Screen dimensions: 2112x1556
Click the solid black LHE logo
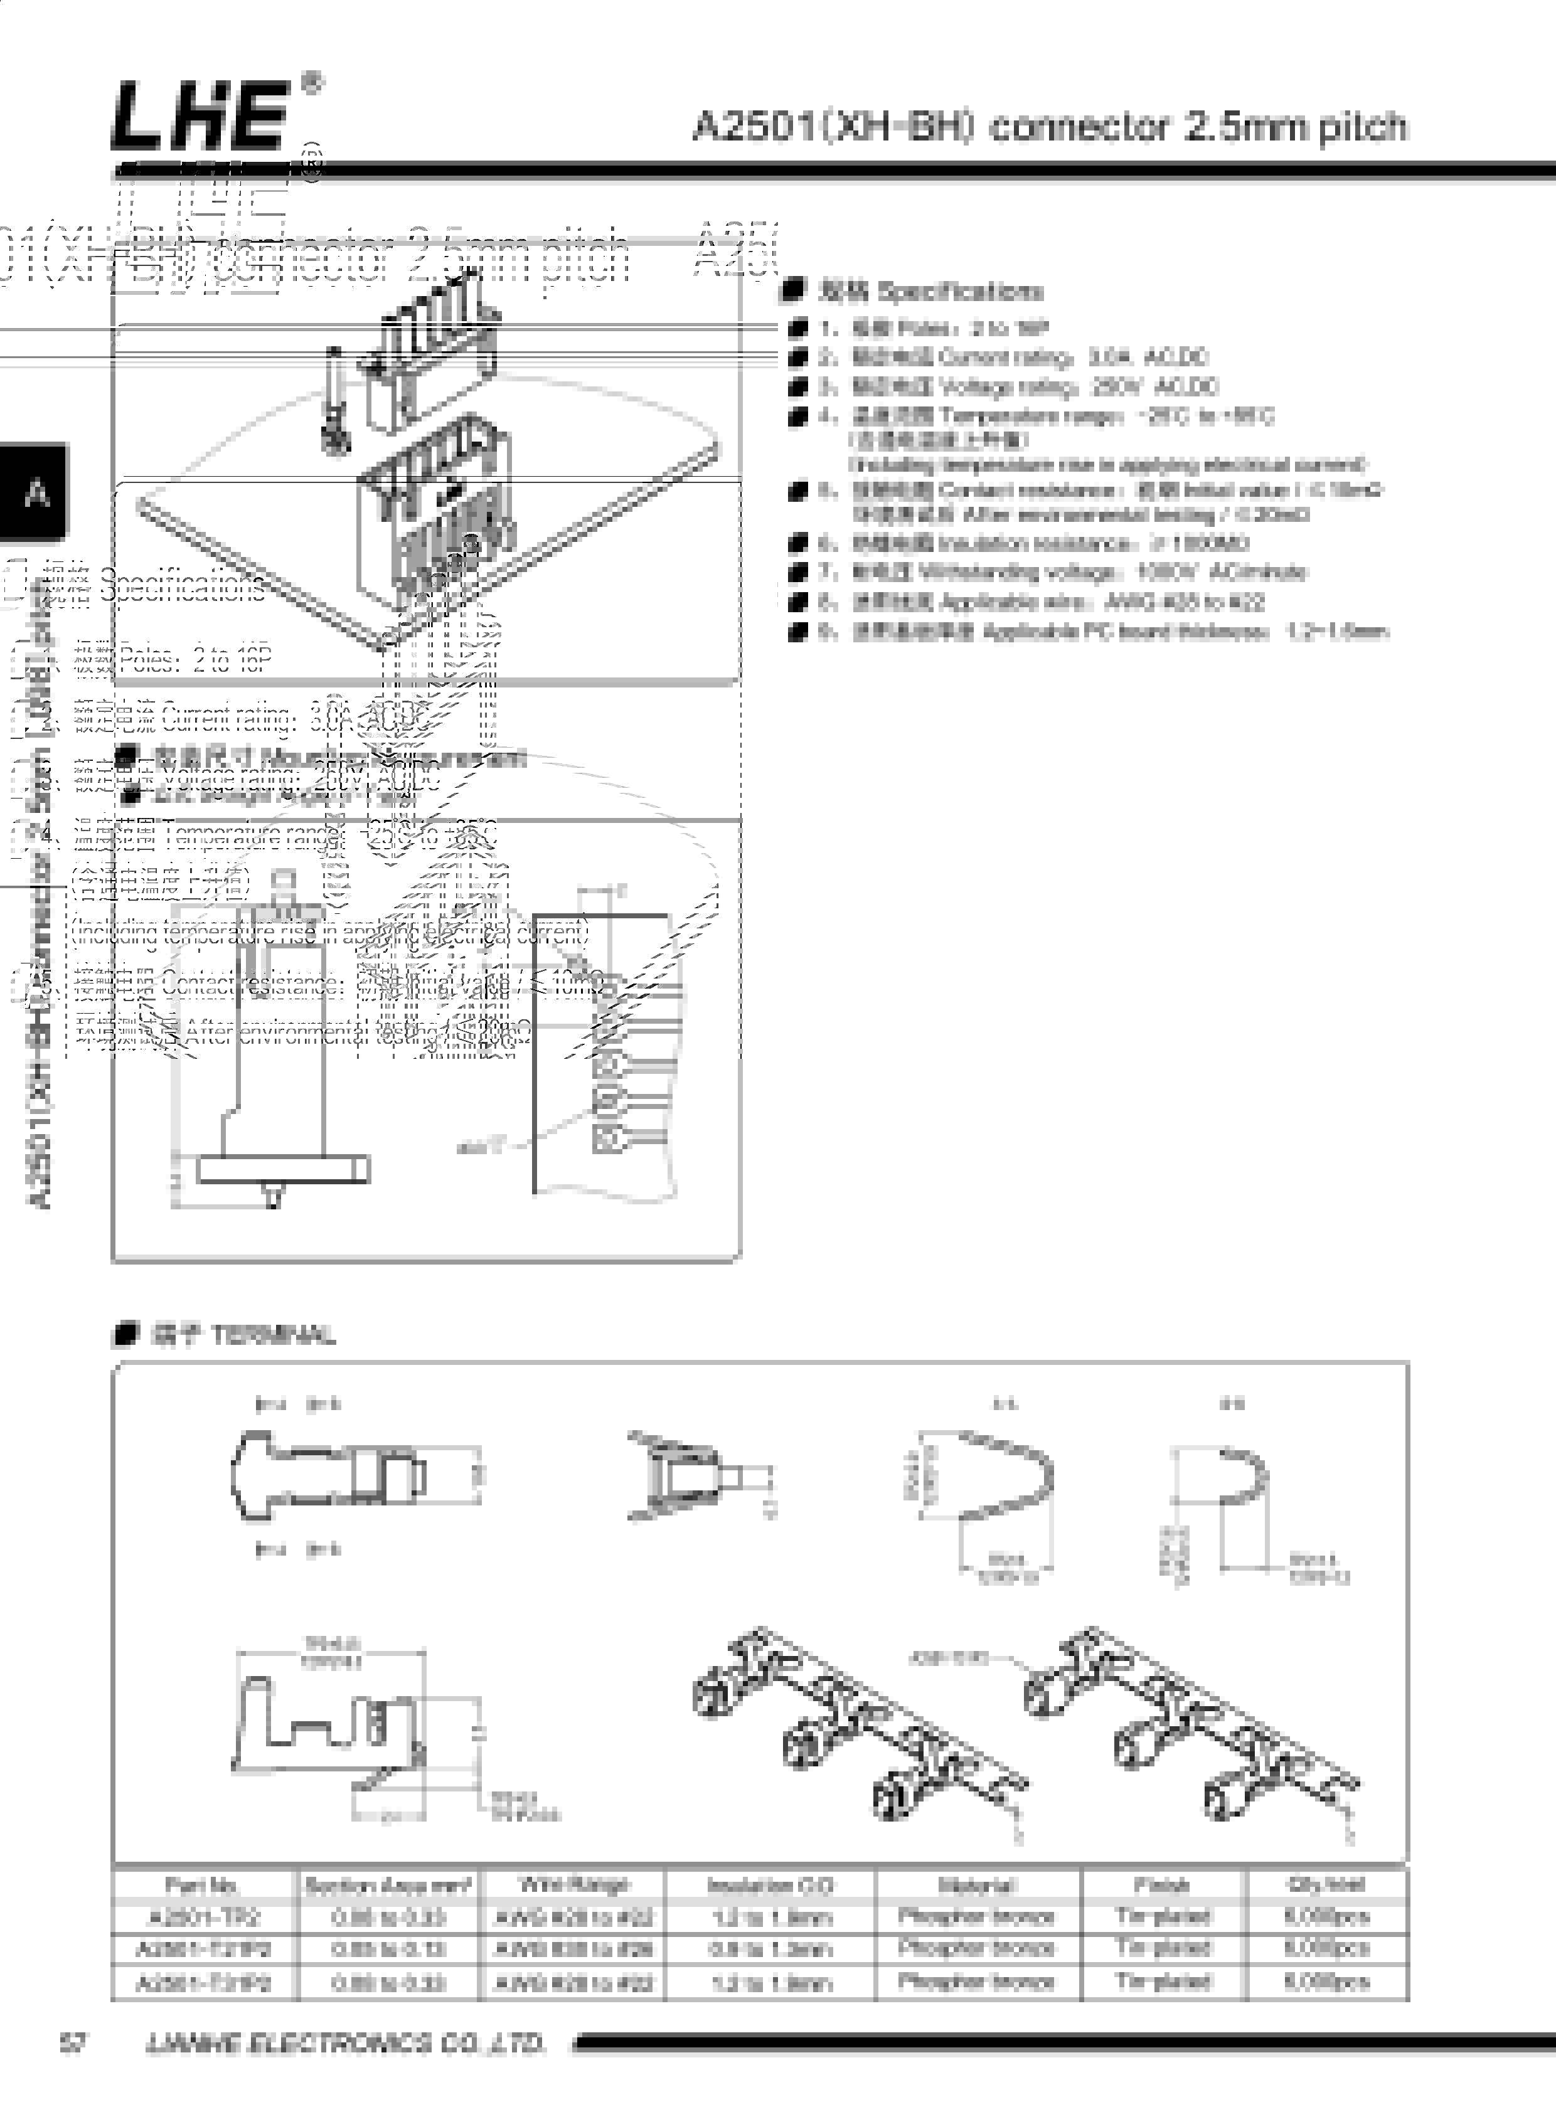tap(200, 115)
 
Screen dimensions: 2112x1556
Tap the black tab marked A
tap(36, 492)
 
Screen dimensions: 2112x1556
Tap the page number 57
tap(73, 2043)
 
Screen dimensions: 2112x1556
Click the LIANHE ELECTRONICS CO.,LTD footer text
tap(346, 2043)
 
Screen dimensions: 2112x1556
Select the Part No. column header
tap(203, 1885)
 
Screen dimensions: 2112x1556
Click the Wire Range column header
tap(573, 1885)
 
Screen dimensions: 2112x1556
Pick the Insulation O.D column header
tap(769, 1885)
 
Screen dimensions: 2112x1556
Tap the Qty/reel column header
tap(1326, 1885)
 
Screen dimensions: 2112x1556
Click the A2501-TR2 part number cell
tap(203, 1917)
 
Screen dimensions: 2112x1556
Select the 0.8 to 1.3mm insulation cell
tap(769, 1949)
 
